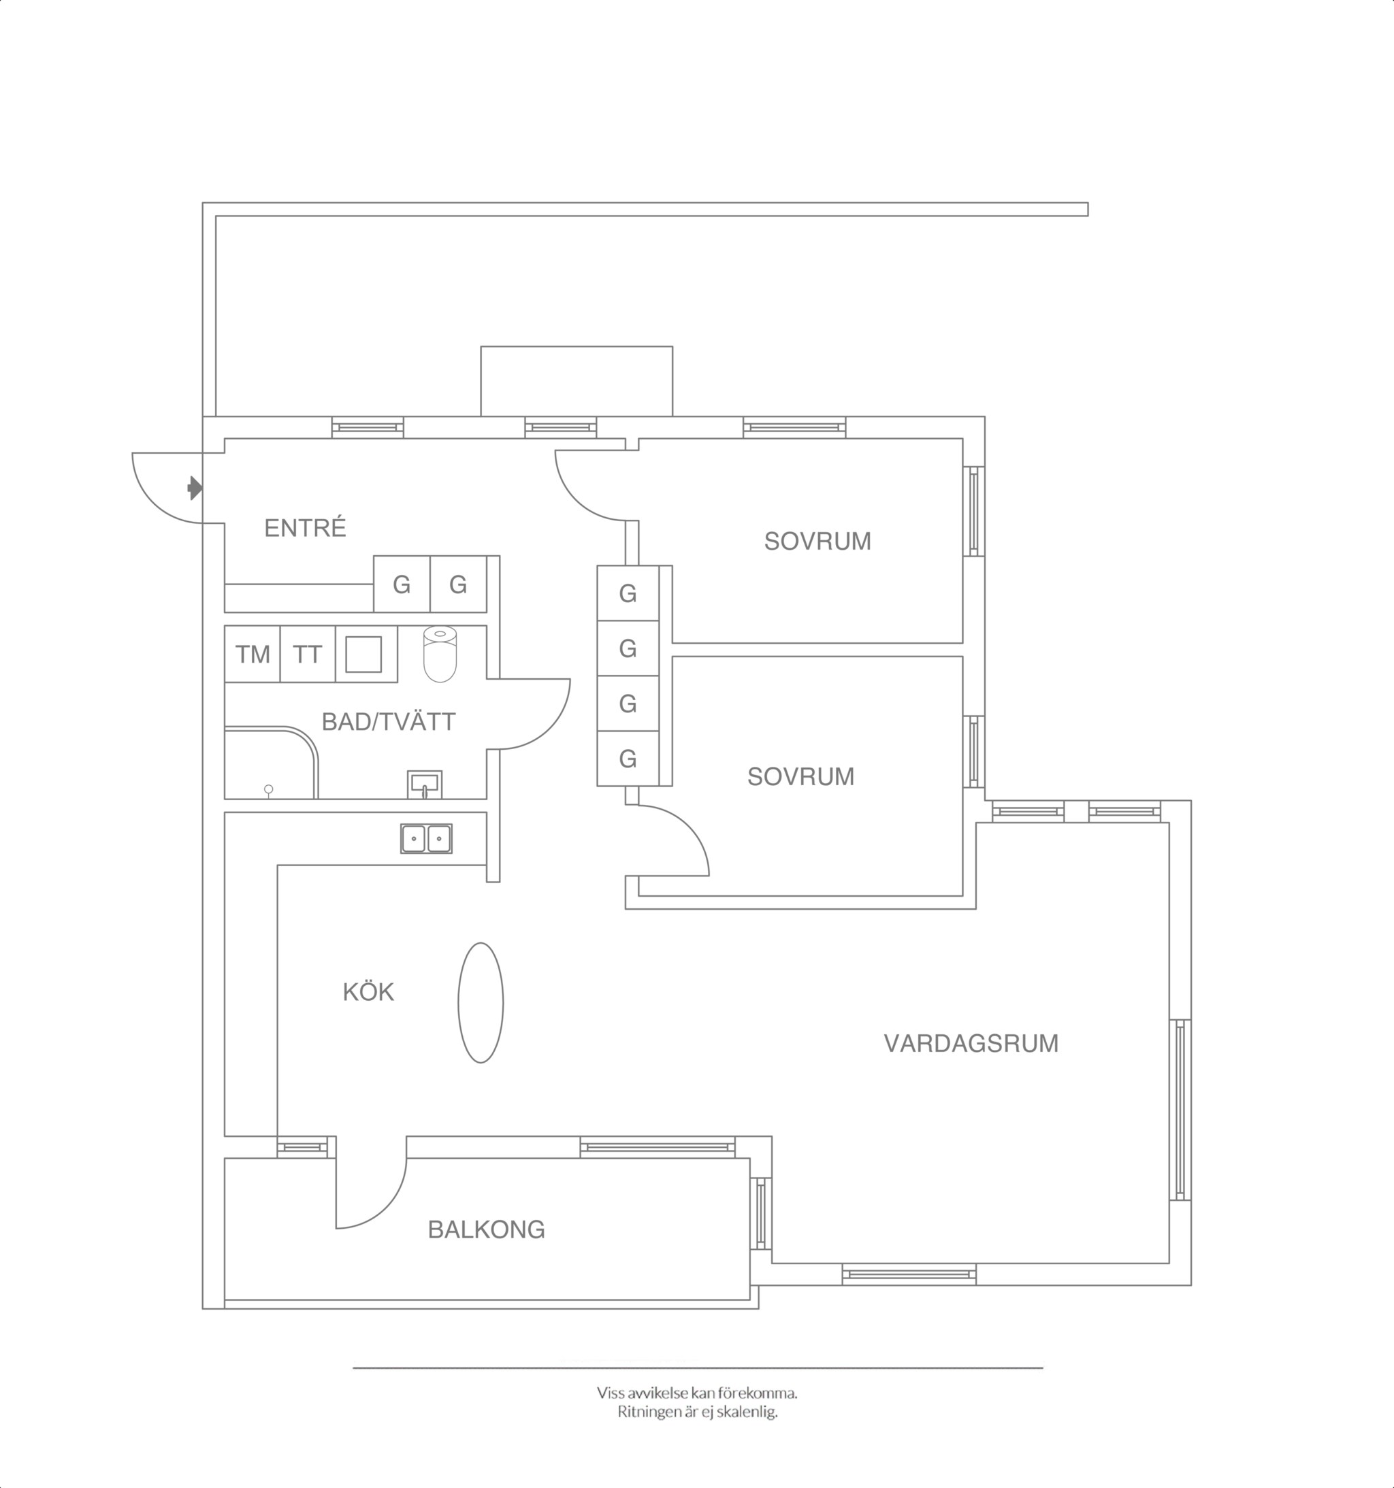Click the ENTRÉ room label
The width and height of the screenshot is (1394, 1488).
tap(305, 529)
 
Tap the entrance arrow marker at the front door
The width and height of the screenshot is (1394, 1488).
tap(195, 488)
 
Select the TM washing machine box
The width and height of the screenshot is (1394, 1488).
tap(253, 654)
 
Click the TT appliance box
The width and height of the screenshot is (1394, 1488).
tap(308, 654)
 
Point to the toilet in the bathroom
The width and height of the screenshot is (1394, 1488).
tap(440, 654)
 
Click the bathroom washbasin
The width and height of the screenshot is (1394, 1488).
tap(425, 784)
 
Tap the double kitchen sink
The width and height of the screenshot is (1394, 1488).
tap(426, 838)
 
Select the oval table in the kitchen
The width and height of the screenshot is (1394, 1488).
tap(481, 1002)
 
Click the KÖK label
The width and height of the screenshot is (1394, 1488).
tap(368, 993)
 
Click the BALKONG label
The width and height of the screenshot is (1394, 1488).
tap(487, 1229)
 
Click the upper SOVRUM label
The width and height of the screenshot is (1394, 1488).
tap(817, 541)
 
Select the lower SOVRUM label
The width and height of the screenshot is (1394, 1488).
tap(801, 777)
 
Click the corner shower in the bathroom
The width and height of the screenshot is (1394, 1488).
tap(271, 762)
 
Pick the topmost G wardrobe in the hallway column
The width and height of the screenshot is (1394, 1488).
tap(628, 593)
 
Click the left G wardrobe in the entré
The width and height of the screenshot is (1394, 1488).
tap(402, 584)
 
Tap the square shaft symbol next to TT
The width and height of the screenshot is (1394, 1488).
tap(364, 654)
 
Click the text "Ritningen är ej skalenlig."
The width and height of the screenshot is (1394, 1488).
tap(698, 1412)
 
